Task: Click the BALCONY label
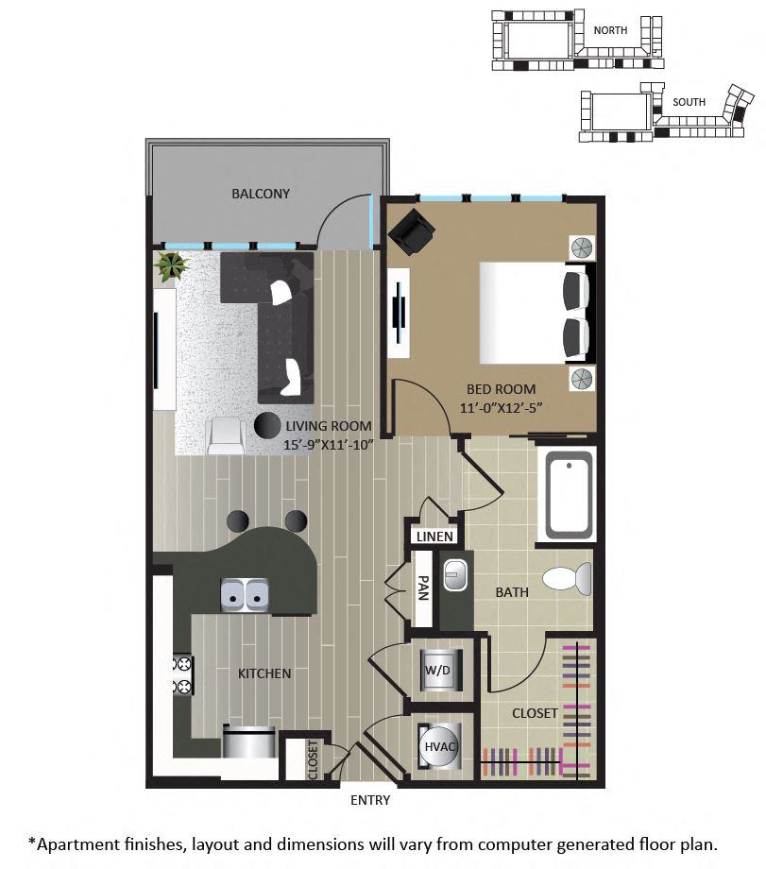pyautogui.click(x=261, y=194)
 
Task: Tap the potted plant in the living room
pyautogui.click(x=172, y=266)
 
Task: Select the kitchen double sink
pyautogui.click(x=245, y=595)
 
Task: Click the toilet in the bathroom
pyautogui.click(x=567, y=578)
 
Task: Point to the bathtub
pyautogui.click(x=569, y=496)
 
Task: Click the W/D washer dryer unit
pyautogui.click(x=438, y=671)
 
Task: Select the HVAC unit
pyautogui.click(x=439, y=746)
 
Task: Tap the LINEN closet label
pyautogui.click(x=434, y=537)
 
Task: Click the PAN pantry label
pyautogui.click(x=423, y=588)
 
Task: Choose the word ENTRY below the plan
pyautogui.click(x=370, y=800)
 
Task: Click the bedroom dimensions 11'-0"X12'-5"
pyautogui.click(x=501, y=408)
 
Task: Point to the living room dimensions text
pyautogui.click(x=328, y=445)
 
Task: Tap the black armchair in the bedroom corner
pyautogui.click(x=411, y=231)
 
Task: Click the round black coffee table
pyautogui.click(x=267, y=425)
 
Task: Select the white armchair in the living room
pyautogui.click(x=225, y=436)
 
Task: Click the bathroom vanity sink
pyautogui.click(x=455, y=574)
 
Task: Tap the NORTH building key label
pyautogui.click(x=610, y=30)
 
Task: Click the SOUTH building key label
pyautogui.click(x=689, y=102)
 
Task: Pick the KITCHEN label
pyautogui.click(x=264, y=673)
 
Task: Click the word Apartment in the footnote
pyautogui.click(x=77, y=845)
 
